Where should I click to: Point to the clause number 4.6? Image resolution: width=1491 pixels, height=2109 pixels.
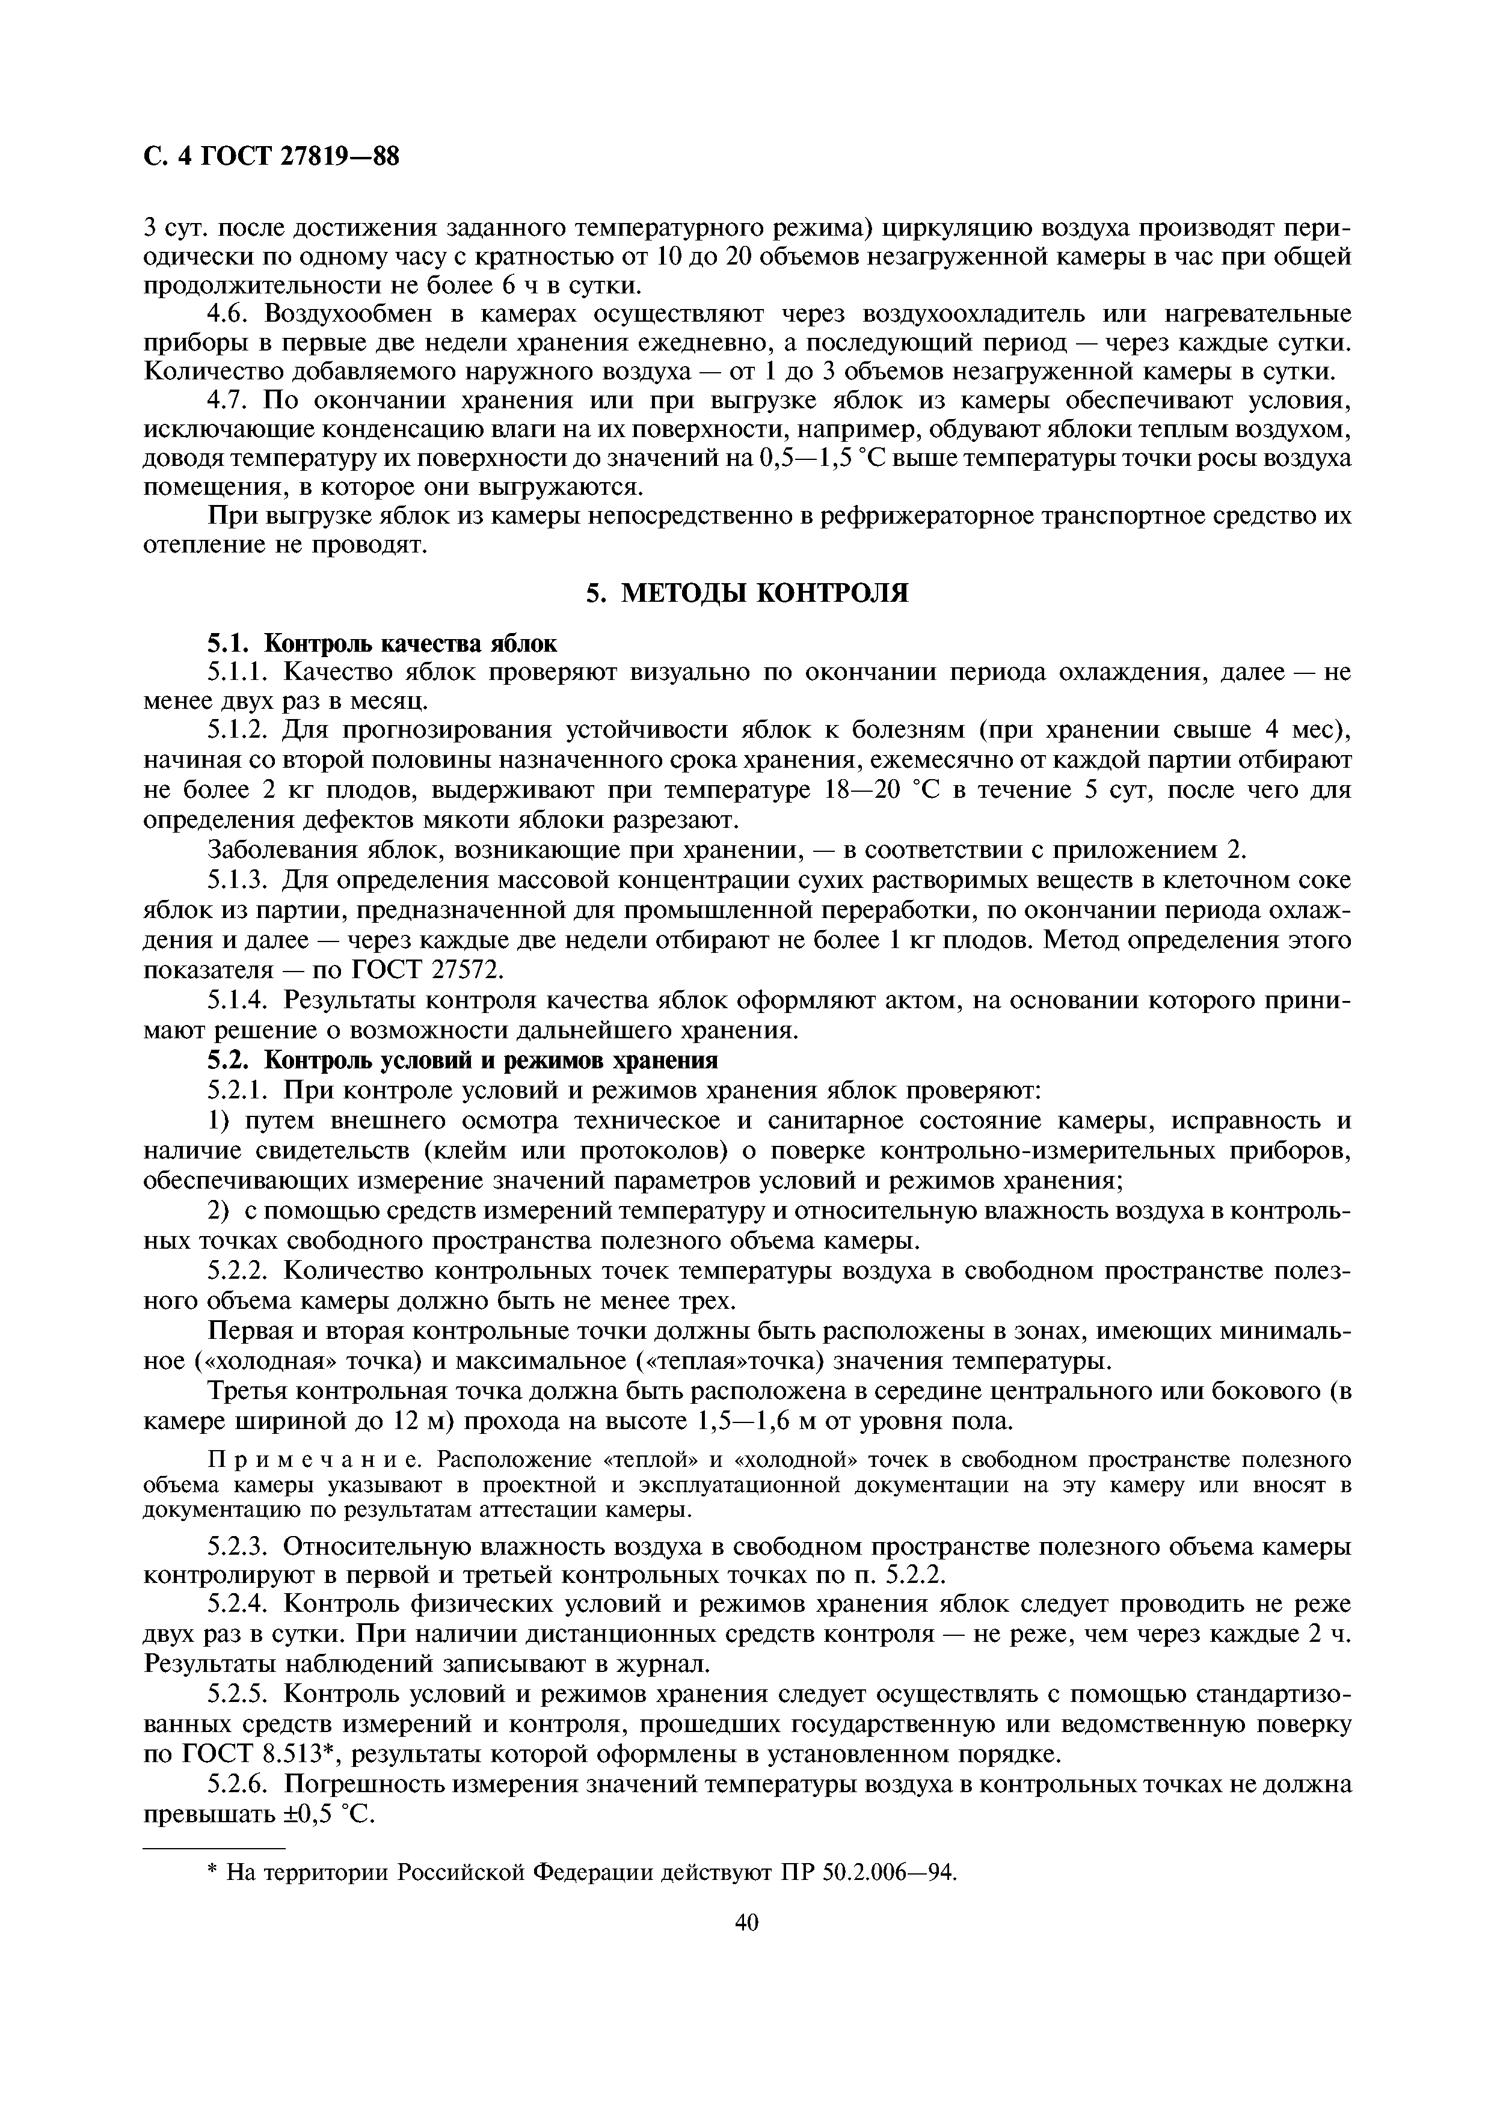click(230, 314)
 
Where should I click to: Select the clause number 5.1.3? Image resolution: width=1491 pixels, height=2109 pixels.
click(237, 881)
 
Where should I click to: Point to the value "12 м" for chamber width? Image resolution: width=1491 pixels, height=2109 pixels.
click(419, 1421)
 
